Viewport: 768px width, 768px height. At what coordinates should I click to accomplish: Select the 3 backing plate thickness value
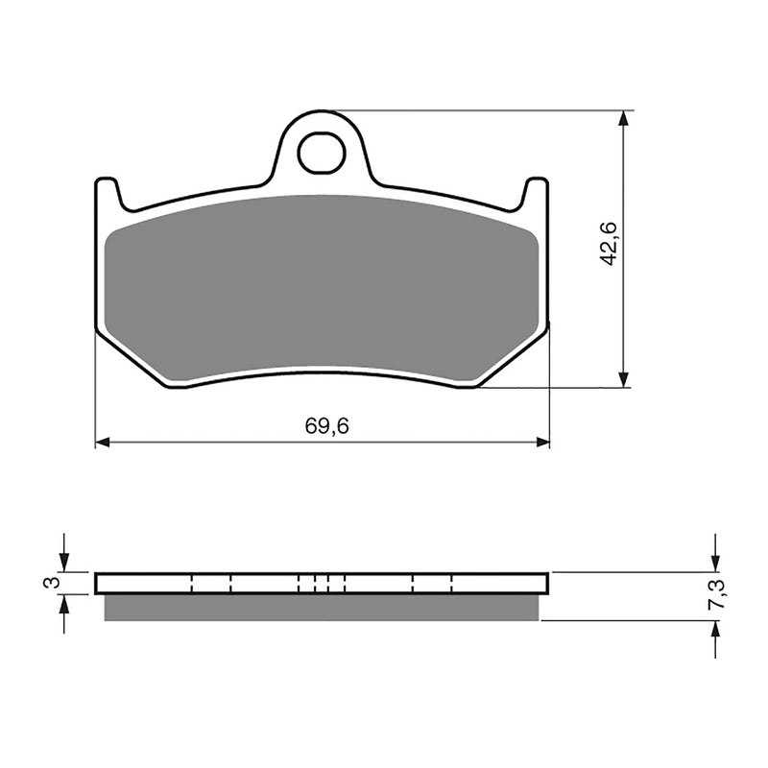pyautogui.click(x=55, y=582)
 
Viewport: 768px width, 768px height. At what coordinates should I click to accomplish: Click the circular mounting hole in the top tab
pyautogui.click(x=320, y=153)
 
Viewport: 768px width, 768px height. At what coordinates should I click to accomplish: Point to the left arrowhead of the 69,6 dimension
pyautogui.click(x=103, y=443)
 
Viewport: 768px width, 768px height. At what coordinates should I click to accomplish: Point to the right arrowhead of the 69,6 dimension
pyautogui.click(x=542, y=443)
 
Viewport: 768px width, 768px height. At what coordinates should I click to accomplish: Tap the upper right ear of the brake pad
pyautogui.click(x=538, y=192)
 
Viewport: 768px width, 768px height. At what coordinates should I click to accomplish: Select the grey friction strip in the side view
pyautogui.click(x=322, y=607)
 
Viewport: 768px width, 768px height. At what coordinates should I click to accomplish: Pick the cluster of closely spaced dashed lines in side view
pyautogui.click(x=322, y=583)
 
